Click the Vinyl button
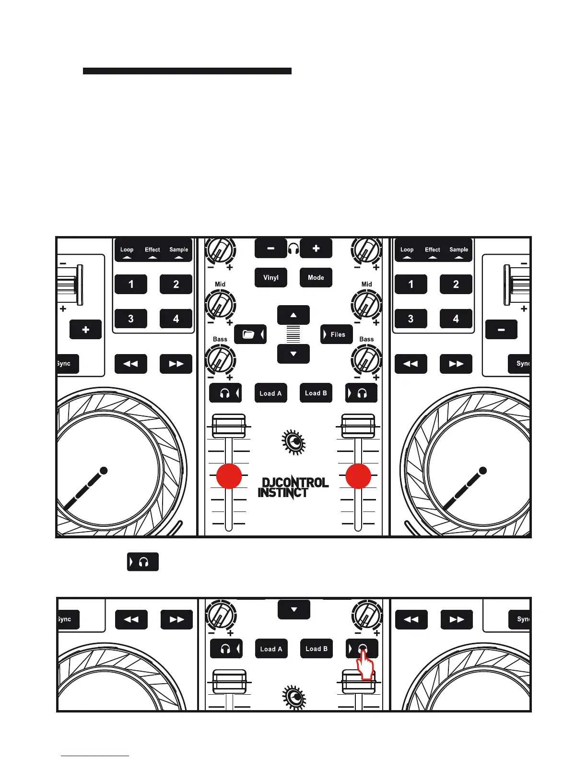[x=270, y=277]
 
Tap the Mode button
[x=316, y=277]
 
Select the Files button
[x=336, y=334]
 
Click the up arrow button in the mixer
[x=293, y=315]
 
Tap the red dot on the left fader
[x=229, y=476]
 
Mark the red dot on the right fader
[x=358, y=476]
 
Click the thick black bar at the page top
[x=187, y=71]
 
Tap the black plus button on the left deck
[x=85, y=330]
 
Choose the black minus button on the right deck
[x=501, y=330]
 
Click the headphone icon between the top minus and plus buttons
[x=293, y=249]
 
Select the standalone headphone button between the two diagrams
[x=142, y=562]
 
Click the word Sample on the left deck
[x=178, y=249]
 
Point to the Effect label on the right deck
[x=432, y=249]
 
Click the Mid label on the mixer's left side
[x=220, y=284]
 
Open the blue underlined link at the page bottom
[x=95, y=756]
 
